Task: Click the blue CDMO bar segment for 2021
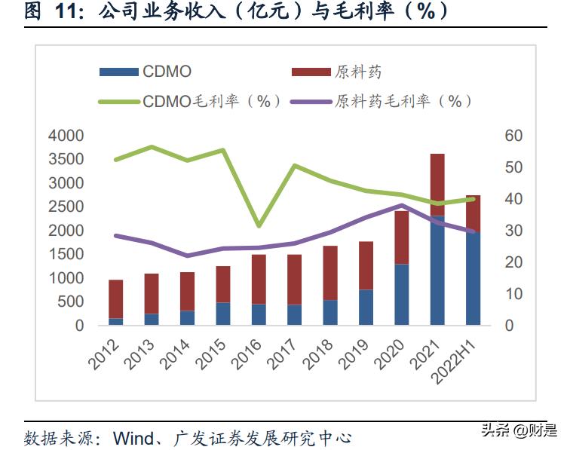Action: [437, 271]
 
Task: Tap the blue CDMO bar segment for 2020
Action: [402, 295]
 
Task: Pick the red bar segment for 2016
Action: [259, 280]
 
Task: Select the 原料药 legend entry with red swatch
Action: [336, 72]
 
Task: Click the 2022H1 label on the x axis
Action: [460, 359]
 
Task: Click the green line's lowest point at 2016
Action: [259, 225]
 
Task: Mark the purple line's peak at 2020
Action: [402, 205]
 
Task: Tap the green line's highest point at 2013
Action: [152, 147]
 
